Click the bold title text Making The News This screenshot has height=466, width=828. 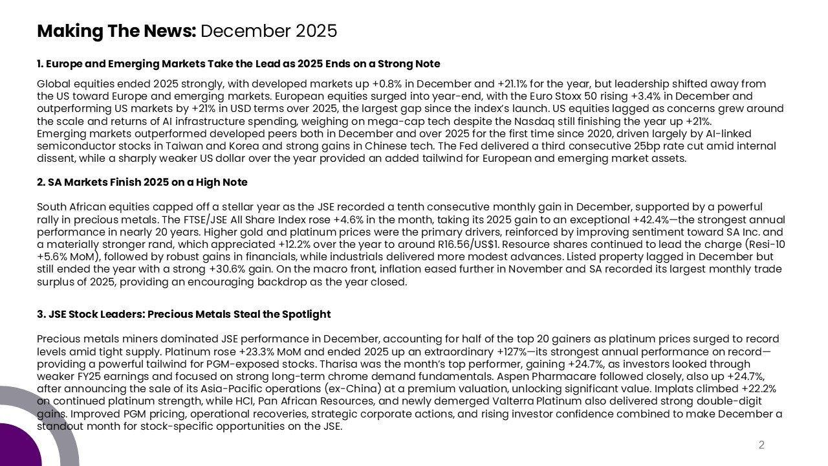[x=116, y=31]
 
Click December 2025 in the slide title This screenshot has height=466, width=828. [x=269, y=31]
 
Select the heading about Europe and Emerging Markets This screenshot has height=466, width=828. [x=238, y=64]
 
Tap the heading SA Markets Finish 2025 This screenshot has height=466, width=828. [x=142, y=183]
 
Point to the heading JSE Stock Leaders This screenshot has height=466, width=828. [x=184, y=315]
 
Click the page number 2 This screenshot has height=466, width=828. [x=761, y=445]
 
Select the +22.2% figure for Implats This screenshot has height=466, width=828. [x=750, y=389]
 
